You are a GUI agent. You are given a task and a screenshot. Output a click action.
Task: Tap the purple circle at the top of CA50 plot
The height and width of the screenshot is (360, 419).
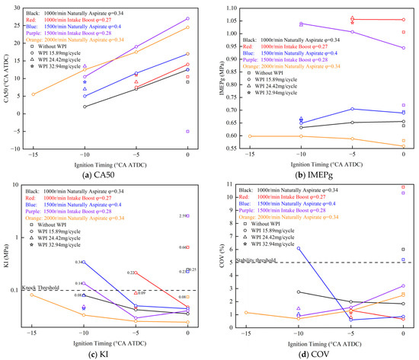click(188, 18)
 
